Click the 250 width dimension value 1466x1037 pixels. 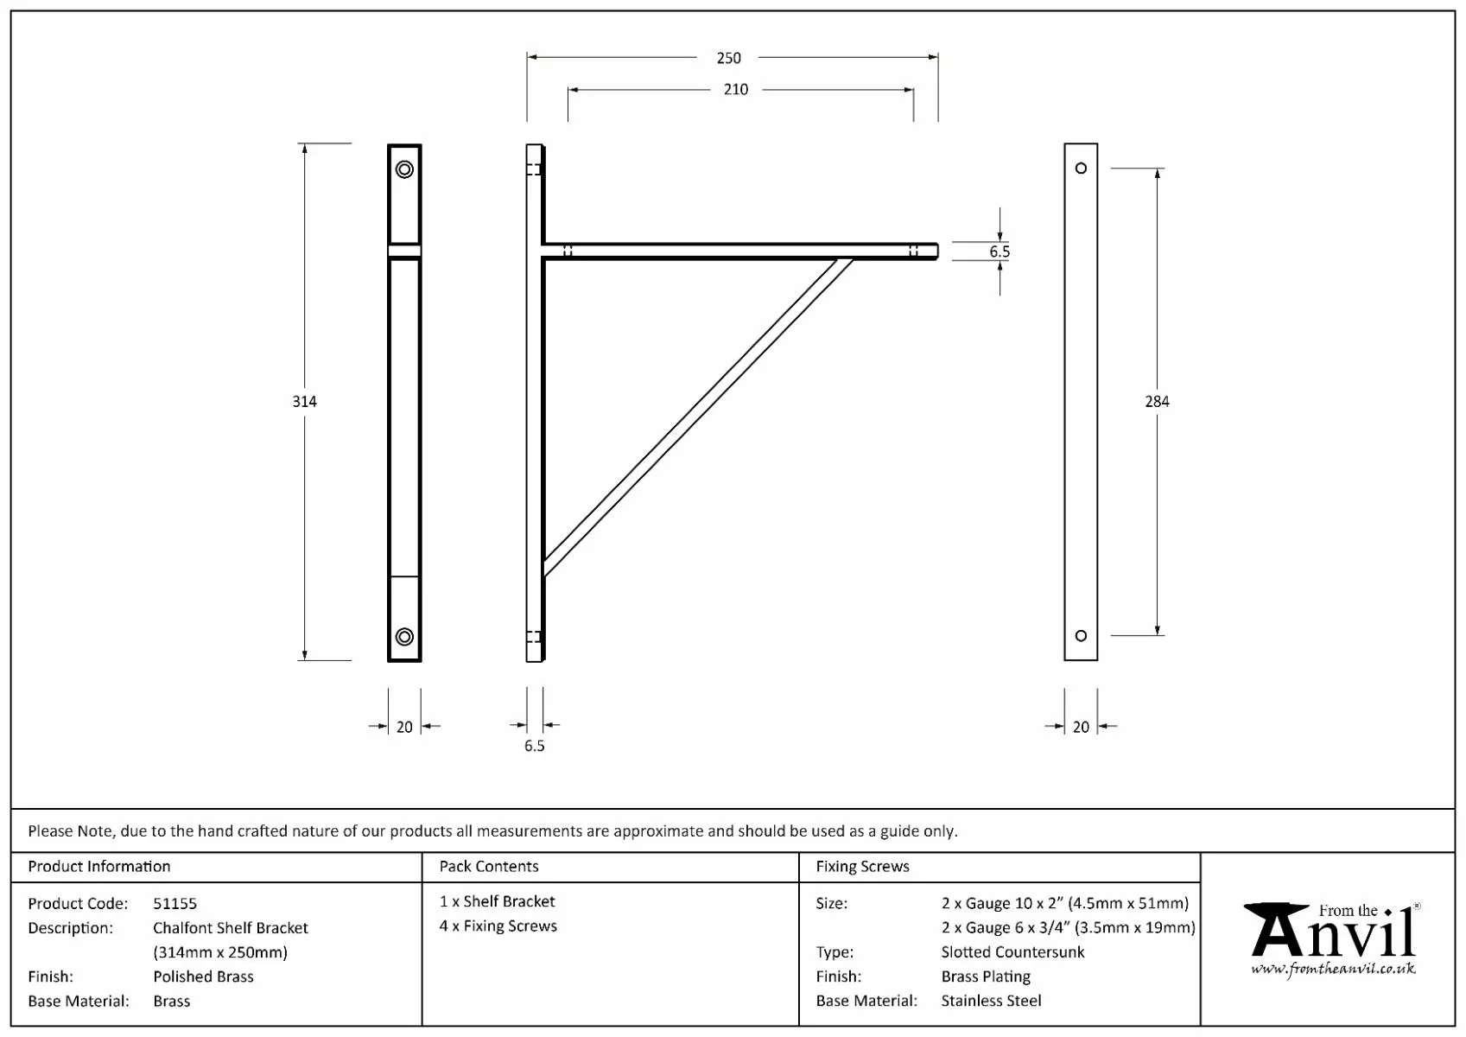click(728, 58)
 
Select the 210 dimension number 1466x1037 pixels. click(735, 89)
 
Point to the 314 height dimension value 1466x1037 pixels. click(304, 401)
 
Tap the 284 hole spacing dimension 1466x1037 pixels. click(1156, 401)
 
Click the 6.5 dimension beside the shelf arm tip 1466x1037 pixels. click(1000, 251)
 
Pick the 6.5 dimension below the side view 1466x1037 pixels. click(534, 746)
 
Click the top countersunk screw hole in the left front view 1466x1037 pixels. click(404, 169)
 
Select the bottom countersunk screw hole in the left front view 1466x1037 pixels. click(404, 637)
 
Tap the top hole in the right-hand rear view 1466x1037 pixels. click(1081, 169)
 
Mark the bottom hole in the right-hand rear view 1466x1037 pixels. click(1081, 636)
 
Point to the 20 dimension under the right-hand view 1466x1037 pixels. click(1081, 727)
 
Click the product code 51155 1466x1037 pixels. click(175, 903)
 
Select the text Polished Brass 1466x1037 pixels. click(203, 977)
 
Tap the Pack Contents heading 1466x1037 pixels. click(488, 866)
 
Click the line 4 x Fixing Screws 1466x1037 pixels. click(498, 926)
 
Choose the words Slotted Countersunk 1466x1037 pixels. click(1012, 951)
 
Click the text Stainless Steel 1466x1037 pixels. click(991, 1001)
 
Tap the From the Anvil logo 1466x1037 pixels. click(1331, 940)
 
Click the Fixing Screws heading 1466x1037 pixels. click(862, 866)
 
